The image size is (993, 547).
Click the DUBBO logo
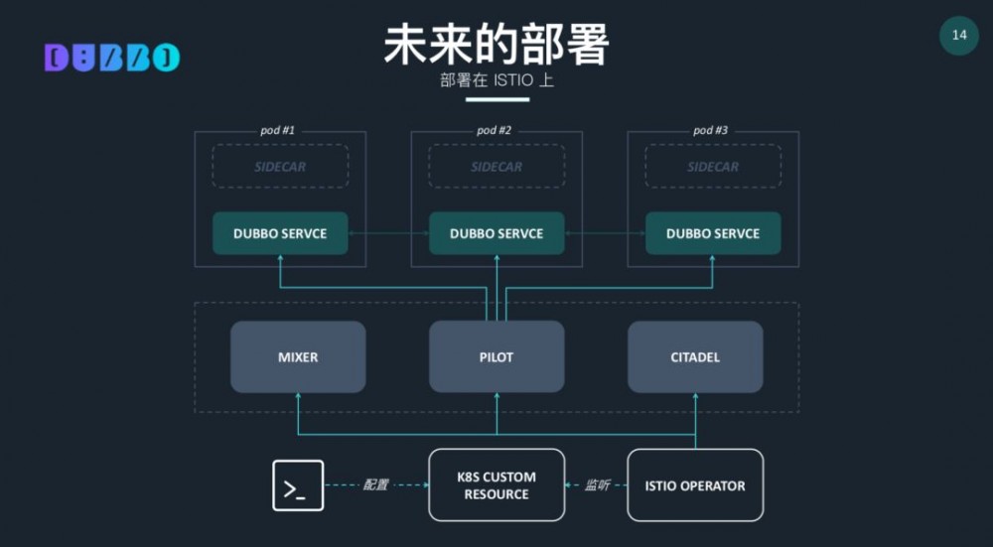tap(112, 58)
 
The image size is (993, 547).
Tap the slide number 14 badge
tap(959, 36)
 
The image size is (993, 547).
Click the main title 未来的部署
tap(496, 45)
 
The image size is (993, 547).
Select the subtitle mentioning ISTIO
tap(496, 80)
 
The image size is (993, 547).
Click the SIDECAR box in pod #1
tap(280, 167)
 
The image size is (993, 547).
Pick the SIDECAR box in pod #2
tap(496, 167)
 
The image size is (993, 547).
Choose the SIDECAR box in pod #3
tap(713, 167)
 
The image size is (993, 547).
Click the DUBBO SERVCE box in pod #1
tap(280, 233)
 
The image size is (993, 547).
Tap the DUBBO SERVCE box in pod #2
tap(496, 233)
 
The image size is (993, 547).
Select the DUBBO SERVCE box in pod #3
tap(713, 233)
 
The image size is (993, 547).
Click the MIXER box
tap(298, 356)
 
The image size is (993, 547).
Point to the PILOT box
tap(496, 356)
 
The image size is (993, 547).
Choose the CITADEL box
tap(695, 356)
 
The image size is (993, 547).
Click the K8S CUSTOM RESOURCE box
tap(496, 485)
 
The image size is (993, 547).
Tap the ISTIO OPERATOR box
tap(695, 485)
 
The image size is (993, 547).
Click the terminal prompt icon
tap(298, 485)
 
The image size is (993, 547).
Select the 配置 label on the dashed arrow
tap(376, 485)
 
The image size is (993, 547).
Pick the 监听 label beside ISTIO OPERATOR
tap(597, 485)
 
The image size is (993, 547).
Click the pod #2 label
tap(494, 130)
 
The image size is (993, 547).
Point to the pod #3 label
tap(710, 130)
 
